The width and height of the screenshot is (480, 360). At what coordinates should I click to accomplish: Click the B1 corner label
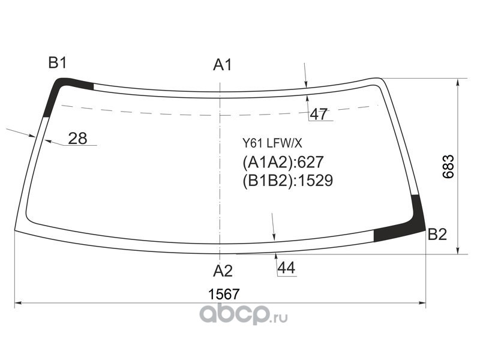[58, 63]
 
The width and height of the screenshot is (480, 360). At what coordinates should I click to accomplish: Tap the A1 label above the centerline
[223, 65]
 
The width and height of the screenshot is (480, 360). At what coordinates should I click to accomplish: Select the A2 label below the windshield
[223, 271]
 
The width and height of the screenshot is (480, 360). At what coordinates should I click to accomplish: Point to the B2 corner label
[437, 235]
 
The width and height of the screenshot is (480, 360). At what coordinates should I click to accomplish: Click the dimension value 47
[319, 114]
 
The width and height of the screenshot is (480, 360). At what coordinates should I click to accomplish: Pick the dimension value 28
[77, 139]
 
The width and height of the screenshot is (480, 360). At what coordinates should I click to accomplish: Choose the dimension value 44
[286, 268]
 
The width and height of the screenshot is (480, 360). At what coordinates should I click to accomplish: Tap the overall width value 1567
[223, 295]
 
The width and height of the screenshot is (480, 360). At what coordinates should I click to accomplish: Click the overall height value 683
[448, 167]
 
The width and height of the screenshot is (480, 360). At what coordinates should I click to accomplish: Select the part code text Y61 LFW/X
[272, 143]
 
